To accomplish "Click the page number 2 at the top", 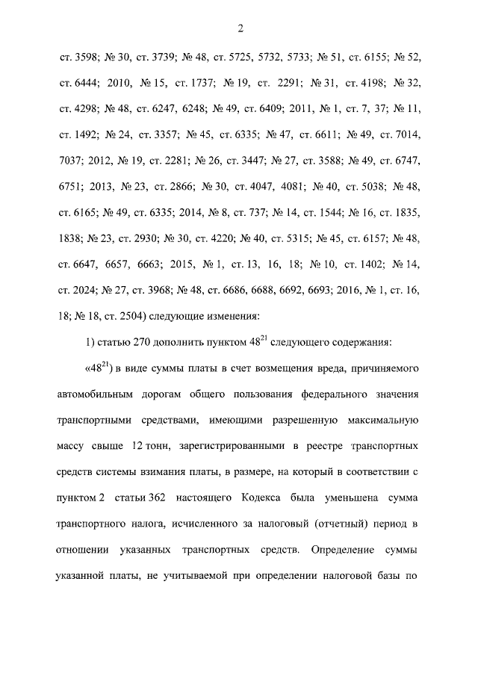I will point(239,28).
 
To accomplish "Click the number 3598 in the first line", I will point(79,57).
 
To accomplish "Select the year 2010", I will point(120,83).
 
